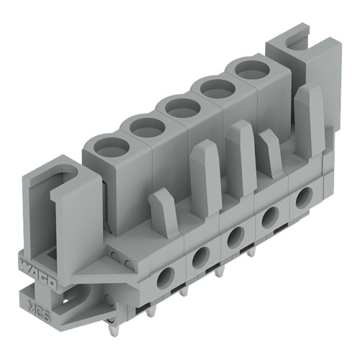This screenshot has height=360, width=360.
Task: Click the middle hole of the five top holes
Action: point(182,107)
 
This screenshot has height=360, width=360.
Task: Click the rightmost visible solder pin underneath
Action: point(251,253)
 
